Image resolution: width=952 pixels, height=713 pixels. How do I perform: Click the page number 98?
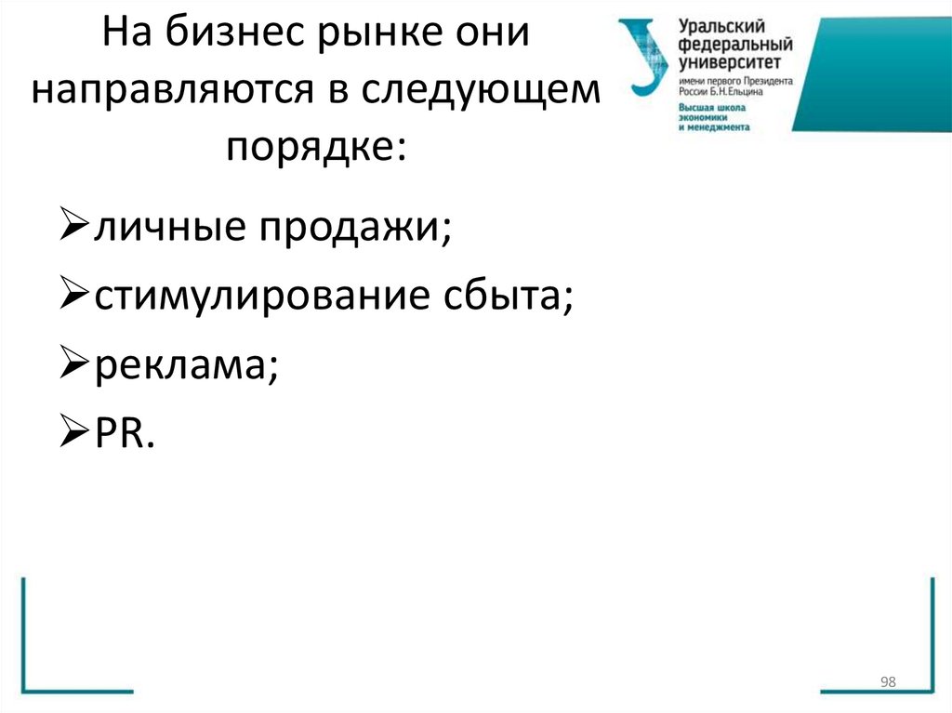(887, 683)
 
